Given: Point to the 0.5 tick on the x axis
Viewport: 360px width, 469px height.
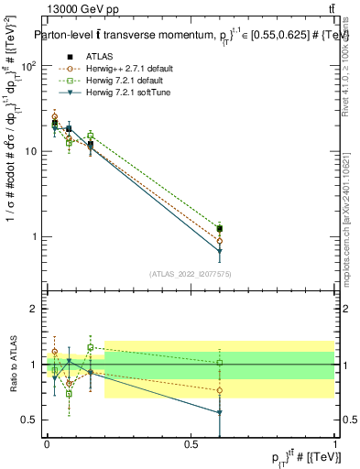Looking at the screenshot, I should (x=191, y=444).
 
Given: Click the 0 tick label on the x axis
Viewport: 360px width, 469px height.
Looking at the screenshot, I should (x=47, y=444).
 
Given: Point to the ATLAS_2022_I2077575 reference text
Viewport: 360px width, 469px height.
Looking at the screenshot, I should (x=191, y=274).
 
